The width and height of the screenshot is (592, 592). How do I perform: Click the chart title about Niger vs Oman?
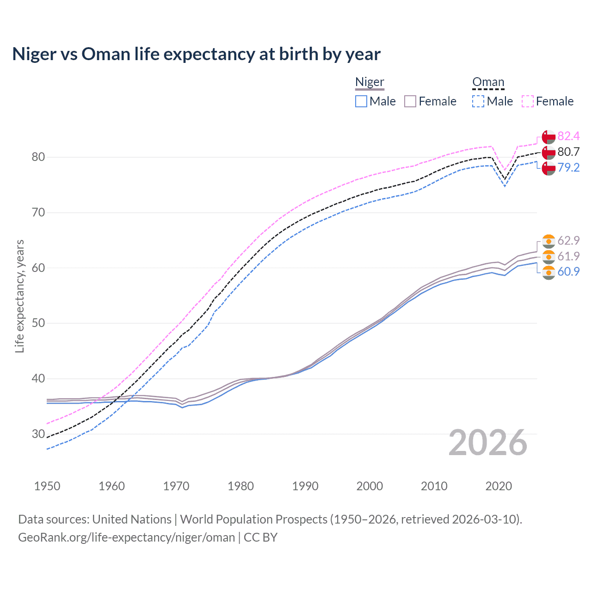pyautogui.click(x=196, y=54)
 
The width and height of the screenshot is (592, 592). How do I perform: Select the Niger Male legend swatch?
pyautogui.click(x=361, y=101)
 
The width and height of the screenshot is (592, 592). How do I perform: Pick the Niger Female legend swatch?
pyautogui.click(x=410, y=101)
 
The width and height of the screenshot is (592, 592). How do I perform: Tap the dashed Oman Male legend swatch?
pyautogui.click(x=478, y=101)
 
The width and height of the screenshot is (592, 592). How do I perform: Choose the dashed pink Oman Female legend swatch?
pyautogui.click(x=528, y=101)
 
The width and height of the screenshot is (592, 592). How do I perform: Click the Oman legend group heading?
pyautogui.click(x=488, y=82)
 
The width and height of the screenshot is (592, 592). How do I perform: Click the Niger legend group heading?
pyautogui.click(x=370, y=82)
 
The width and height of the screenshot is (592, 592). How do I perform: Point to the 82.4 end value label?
pyautogui.click(x=568, y=136)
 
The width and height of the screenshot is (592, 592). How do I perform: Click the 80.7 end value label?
pyautogui.click(x=568, y=152)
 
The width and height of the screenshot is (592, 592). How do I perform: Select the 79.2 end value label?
pyautogui.click(x=568, y=167)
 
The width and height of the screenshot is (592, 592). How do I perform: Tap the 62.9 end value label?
pyautogui.click(x=568, y=240)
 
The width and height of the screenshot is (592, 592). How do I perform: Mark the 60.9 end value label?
pyautogui.click(x=568, y=271)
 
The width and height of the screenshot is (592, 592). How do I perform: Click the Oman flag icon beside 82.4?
pyautogui.click(x=549, y=137)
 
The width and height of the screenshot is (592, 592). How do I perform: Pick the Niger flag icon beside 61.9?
pyautogui.click(x=549, y=257)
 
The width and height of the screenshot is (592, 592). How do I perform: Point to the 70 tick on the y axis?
pyautogui.click(x=38, y=213)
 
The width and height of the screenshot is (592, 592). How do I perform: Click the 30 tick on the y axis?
pyautogui.click(x=38, y=434)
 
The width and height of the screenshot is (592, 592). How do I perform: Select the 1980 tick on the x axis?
pyautogui.click(x=240, y=486)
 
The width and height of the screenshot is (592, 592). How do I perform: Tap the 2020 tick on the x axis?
pyautogui.click(x=499, y=486)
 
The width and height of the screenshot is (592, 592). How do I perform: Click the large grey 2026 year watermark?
pyautogui.click(x=487, y=443)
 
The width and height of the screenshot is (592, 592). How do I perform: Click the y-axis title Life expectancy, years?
pyautogui.click(x=19, y=296)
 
